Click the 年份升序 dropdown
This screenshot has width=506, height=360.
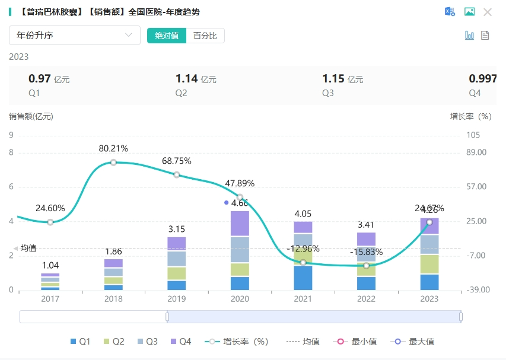74,36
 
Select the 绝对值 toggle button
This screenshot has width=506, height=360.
167,36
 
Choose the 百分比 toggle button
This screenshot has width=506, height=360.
205,36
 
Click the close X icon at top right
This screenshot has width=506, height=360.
488,12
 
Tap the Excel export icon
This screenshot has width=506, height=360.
450,12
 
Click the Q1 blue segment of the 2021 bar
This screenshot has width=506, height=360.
303,278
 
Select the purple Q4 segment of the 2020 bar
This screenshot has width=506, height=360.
240,224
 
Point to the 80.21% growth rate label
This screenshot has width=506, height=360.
113,148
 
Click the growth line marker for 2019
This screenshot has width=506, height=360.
177,174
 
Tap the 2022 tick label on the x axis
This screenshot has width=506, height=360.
367,299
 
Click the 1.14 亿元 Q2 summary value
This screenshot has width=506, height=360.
196,78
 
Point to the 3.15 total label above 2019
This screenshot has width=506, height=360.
177,229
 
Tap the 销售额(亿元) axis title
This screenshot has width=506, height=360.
31,116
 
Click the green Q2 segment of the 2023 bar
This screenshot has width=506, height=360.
430,264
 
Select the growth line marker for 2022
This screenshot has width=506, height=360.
367,265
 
